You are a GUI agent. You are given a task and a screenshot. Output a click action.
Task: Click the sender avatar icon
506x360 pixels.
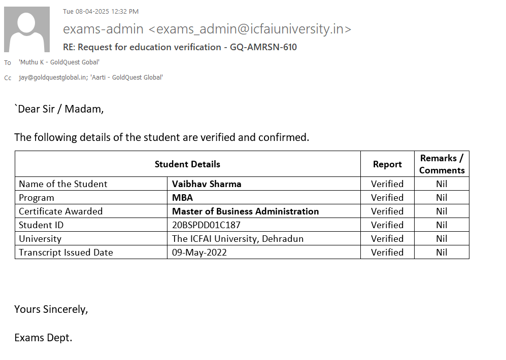tap(27, 29)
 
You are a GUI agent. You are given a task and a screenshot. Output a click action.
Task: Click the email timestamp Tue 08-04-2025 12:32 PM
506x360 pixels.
tap(100, 12)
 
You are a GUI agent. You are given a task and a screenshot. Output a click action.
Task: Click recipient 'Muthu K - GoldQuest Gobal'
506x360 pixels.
tap(59, 62)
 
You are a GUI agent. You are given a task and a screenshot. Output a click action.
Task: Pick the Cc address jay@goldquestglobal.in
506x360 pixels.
tap(52, 78)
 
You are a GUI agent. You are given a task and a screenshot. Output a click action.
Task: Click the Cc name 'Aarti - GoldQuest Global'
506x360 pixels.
tap(126, 78)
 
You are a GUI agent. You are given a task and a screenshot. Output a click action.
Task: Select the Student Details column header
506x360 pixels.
tap(187, 164)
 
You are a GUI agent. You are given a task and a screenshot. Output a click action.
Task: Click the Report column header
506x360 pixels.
tap(387, 164)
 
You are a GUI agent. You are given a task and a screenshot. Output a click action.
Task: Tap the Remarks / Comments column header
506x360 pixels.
tap(442, 164)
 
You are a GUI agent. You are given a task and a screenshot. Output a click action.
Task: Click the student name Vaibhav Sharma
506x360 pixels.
tap(207, 184)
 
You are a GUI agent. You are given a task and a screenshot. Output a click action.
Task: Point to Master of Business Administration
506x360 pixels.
tap(245, 211)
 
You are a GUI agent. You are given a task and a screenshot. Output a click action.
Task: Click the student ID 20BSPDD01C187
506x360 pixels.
tap(206, 225)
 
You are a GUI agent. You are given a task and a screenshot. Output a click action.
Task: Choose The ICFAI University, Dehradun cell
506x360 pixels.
tap(238, 239)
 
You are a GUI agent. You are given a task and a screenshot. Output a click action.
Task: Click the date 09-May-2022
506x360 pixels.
tap(199, 253)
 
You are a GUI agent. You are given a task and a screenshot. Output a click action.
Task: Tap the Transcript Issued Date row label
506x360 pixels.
tap(66, 253)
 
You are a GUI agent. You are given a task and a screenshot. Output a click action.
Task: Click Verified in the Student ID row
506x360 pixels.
tap(387, 225)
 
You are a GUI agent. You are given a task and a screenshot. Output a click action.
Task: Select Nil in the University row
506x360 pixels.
tap(442, 239)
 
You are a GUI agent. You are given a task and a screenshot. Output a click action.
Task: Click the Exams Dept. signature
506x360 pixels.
tap(43, 338)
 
